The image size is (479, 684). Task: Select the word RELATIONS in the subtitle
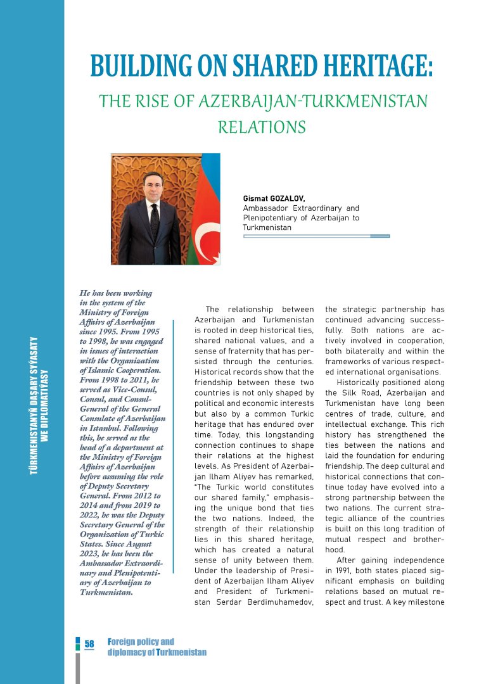[x=262, y=127]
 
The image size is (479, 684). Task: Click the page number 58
[x=89, y=644]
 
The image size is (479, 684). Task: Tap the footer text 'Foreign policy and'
[x=141, y=642]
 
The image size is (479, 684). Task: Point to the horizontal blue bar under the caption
[x=316, y=236]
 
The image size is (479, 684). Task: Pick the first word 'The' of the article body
[x=213, y=309]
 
